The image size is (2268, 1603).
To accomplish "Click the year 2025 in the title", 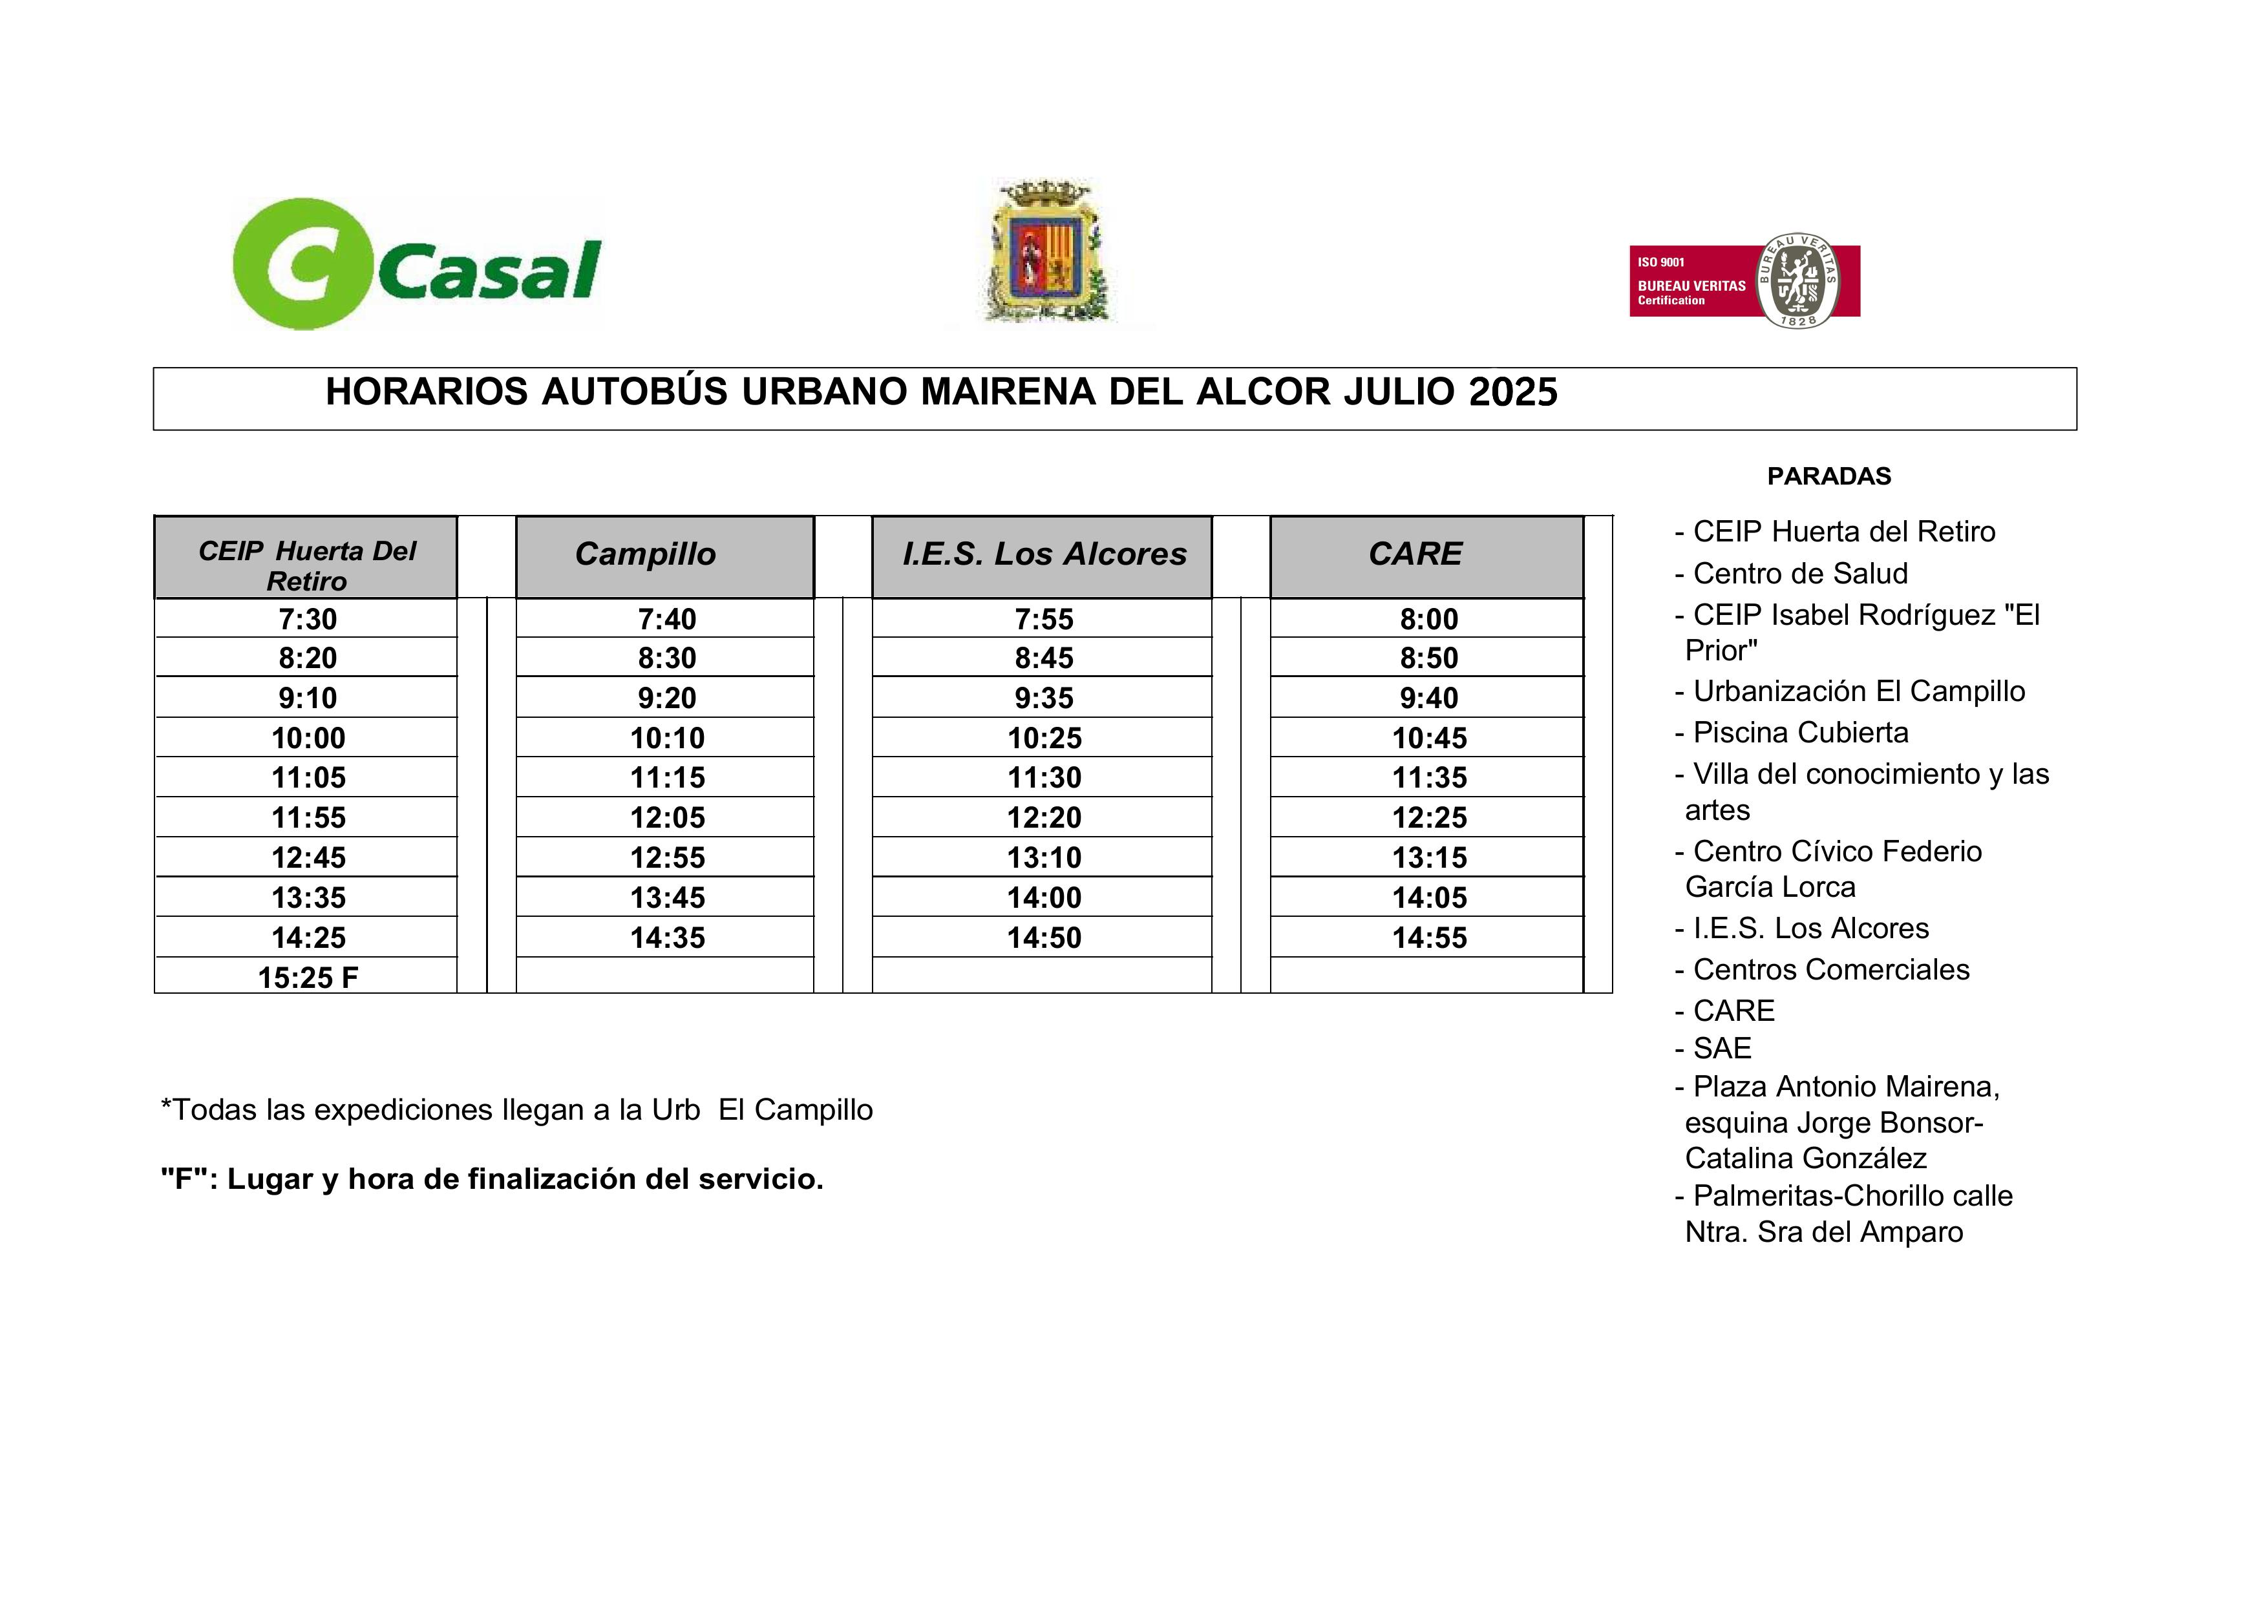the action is pyautogui.click(x=1512, y=392).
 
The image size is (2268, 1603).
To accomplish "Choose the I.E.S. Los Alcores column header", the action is pyautogui.click(x=1044, y=554).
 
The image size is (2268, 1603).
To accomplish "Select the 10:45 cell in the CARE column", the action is pyautogui.click(x=1429, y=738).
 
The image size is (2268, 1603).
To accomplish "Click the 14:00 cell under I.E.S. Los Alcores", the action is pyautogui.click(x=1044, y=898).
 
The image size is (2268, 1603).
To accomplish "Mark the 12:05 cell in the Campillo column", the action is pyautogui.click(x=668, y=818).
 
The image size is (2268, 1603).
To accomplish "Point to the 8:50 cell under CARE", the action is pyautogui.click(x=1429, y=658).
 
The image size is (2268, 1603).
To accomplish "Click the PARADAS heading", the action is pyautogui.click(x=1828, y=476).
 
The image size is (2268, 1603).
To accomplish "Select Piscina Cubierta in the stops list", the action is pyautogui.click(x=1801, y=733).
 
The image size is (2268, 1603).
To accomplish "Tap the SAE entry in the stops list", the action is pyautogui.click(x=1722, y=1048).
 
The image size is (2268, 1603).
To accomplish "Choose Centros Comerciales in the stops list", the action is pyautogui.click(x=1830, y=970).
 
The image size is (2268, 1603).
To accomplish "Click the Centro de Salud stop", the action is pyautogui.click(x=1800, y=574).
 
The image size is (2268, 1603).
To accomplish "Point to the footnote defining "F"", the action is pyautogui.click(x=492, y=1179).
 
